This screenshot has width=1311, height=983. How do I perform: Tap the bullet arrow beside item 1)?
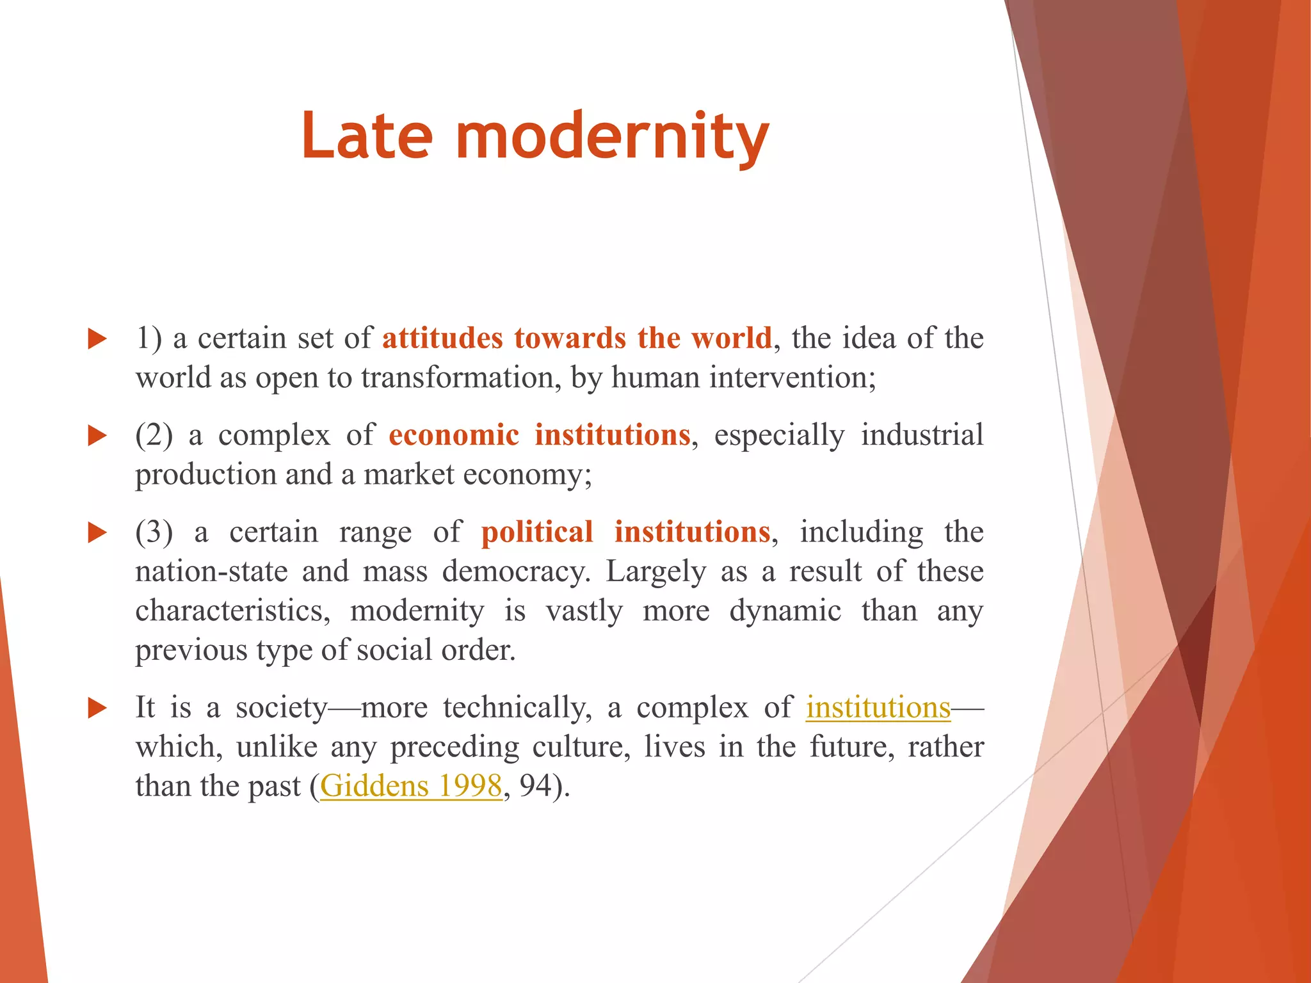click(x=97, y=339)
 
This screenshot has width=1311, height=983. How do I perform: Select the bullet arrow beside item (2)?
click(x=97, y=436)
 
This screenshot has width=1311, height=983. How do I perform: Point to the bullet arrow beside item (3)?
click(x=97, y=532)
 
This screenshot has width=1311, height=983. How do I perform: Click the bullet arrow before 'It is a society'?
click(x=97, y=708)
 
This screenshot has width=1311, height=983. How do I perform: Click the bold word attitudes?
click(x=442, y=338)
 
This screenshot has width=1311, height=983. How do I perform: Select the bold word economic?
click(x=454, y=435)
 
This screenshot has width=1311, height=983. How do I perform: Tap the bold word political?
click(x=537, y=532)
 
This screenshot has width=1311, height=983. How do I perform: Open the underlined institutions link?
click(x=878, y=708)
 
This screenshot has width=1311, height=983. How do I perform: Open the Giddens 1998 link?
click(x=410, y=786)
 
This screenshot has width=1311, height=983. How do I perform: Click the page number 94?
click(x=535, y=786)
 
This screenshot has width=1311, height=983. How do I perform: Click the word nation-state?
click(x=211, y=571)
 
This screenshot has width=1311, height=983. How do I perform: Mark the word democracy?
click(x=516, y=571)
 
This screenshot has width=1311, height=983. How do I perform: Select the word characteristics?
click(x=232, y=611)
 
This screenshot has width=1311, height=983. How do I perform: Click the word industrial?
click(x=922, y=435)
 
